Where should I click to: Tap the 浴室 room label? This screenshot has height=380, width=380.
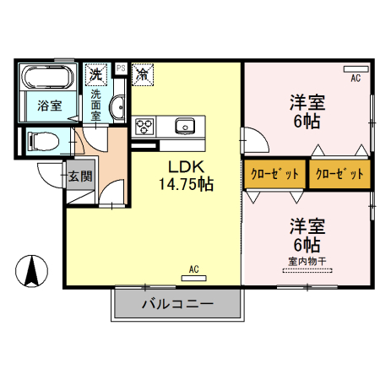[49, 106]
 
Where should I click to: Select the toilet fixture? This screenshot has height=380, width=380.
[41, 139]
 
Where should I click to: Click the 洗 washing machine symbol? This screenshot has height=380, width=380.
[97, 73]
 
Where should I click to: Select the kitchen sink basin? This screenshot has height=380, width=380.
[185, 127]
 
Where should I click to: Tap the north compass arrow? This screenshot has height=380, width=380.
[31, 270]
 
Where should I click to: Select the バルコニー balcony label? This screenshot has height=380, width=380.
[177, 303]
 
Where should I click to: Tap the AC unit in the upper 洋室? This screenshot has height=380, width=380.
[356, 68]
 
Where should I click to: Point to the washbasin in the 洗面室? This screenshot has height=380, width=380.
[117, 107]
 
